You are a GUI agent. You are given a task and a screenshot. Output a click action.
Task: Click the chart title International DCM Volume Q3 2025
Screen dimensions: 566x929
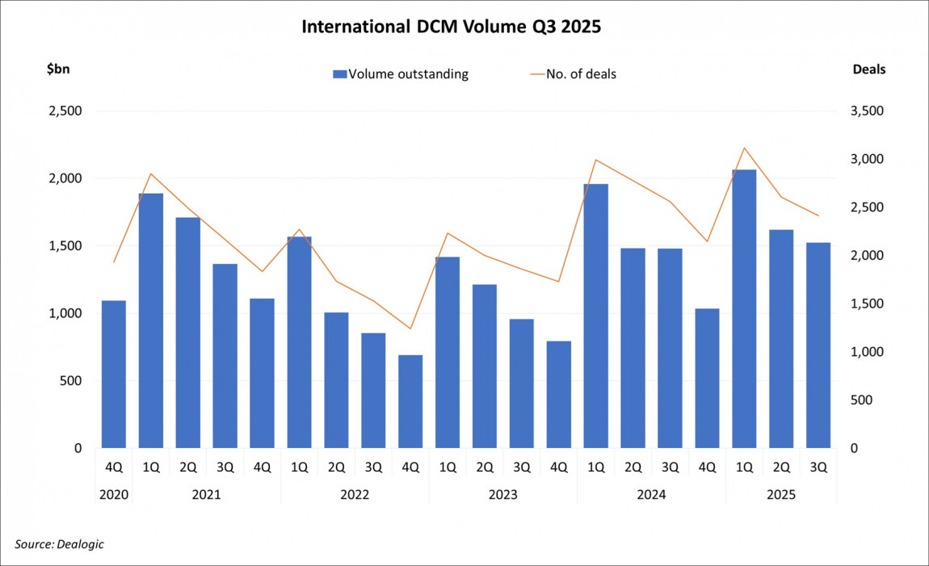click(452, 27)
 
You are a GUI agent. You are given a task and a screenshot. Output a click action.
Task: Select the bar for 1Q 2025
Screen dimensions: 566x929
click(744, 308)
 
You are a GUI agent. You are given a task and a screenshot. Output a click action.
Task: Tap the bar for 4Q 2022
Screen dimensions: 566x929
click(410, 401)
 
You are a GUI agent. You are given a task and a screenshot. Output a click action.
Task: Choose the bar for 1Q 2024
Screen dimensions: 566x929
click(595, 316)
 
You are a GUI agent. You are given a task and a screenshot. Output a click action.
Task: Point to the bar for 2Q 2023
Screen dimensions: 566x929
click(485, 366)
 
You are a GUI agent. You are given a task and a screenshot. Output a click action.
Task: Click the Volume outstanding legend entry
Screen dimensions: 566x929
click(401, 74)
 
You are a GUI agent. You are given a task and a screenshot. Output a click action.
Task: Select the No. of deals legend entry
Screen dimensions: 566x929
click(574, 74)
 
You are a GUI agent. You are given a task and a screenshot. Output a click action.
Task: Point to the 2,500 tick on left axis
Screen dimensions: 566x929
click(66, 111)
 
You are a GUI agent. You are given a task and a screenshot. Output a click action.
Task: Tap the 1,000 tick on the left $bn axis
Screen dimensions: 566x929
click(66, 313)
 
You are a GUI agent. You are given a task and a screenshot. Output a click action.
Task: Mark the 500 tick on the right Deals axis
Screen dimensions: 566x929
click(861, 400)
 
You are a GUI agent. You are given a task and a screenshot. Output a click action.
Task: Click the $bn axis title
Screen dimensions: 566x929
click(58, 69)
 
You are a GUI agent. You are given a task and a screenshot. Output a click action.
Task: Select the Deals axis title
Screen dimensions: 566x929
click(869, 69)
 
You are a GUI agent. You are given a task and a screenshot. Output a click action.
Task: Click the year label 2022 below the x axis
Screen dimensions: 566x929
click(355, 494)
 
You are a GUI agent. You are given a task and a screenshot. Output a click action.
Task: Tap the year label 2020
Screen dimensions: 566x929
click(113, 494)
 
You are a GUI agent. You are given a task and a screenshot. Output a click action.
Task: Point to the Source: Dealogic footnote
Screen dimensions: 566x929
click(60, 544)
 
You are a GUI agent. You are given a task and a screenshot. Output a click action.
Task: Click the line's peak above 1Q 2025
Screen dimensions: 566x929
click(744, 148)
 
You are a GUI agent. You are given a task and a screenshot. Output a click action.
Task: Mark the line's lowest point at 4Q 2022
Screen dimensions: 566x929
click(410, 329)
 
